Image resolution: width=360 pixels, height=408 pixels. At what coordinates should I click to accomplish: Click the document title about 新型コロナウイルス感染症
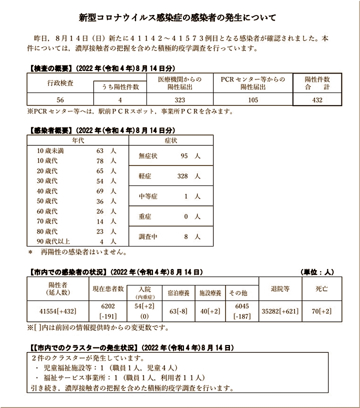tap(177, 18)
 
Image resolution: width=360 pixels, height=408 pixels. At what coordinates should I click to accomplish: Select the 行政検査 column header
tap(60, 80)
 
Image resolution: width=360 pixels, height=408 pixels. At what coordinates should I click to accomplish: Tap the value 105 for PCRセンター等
tap(252, 100)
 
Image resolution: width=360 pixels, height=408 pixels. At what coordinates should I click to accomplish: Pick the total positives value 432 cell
tap(317, 100)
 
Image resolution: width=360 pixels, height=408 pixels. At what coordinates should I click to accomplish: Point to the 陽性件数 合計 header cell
tap(317, 83)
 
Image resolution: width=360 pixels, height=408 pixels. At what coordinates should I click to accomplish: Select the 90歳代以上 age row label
tap(53, 241)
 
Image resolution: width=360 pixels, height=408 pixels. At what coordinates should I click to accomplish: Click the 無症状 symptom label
tap(148, 156)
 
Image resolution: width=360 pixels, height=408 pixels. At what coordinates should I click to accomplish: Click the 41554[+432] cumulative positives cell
tap(57, 310)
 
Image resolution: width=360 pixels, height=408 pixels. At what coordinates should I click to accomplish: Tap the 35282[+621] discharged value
tap(280, 310)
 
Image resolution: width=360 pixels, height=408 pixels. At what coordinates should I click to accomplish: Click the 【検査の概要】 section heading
tap(49, 68)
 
